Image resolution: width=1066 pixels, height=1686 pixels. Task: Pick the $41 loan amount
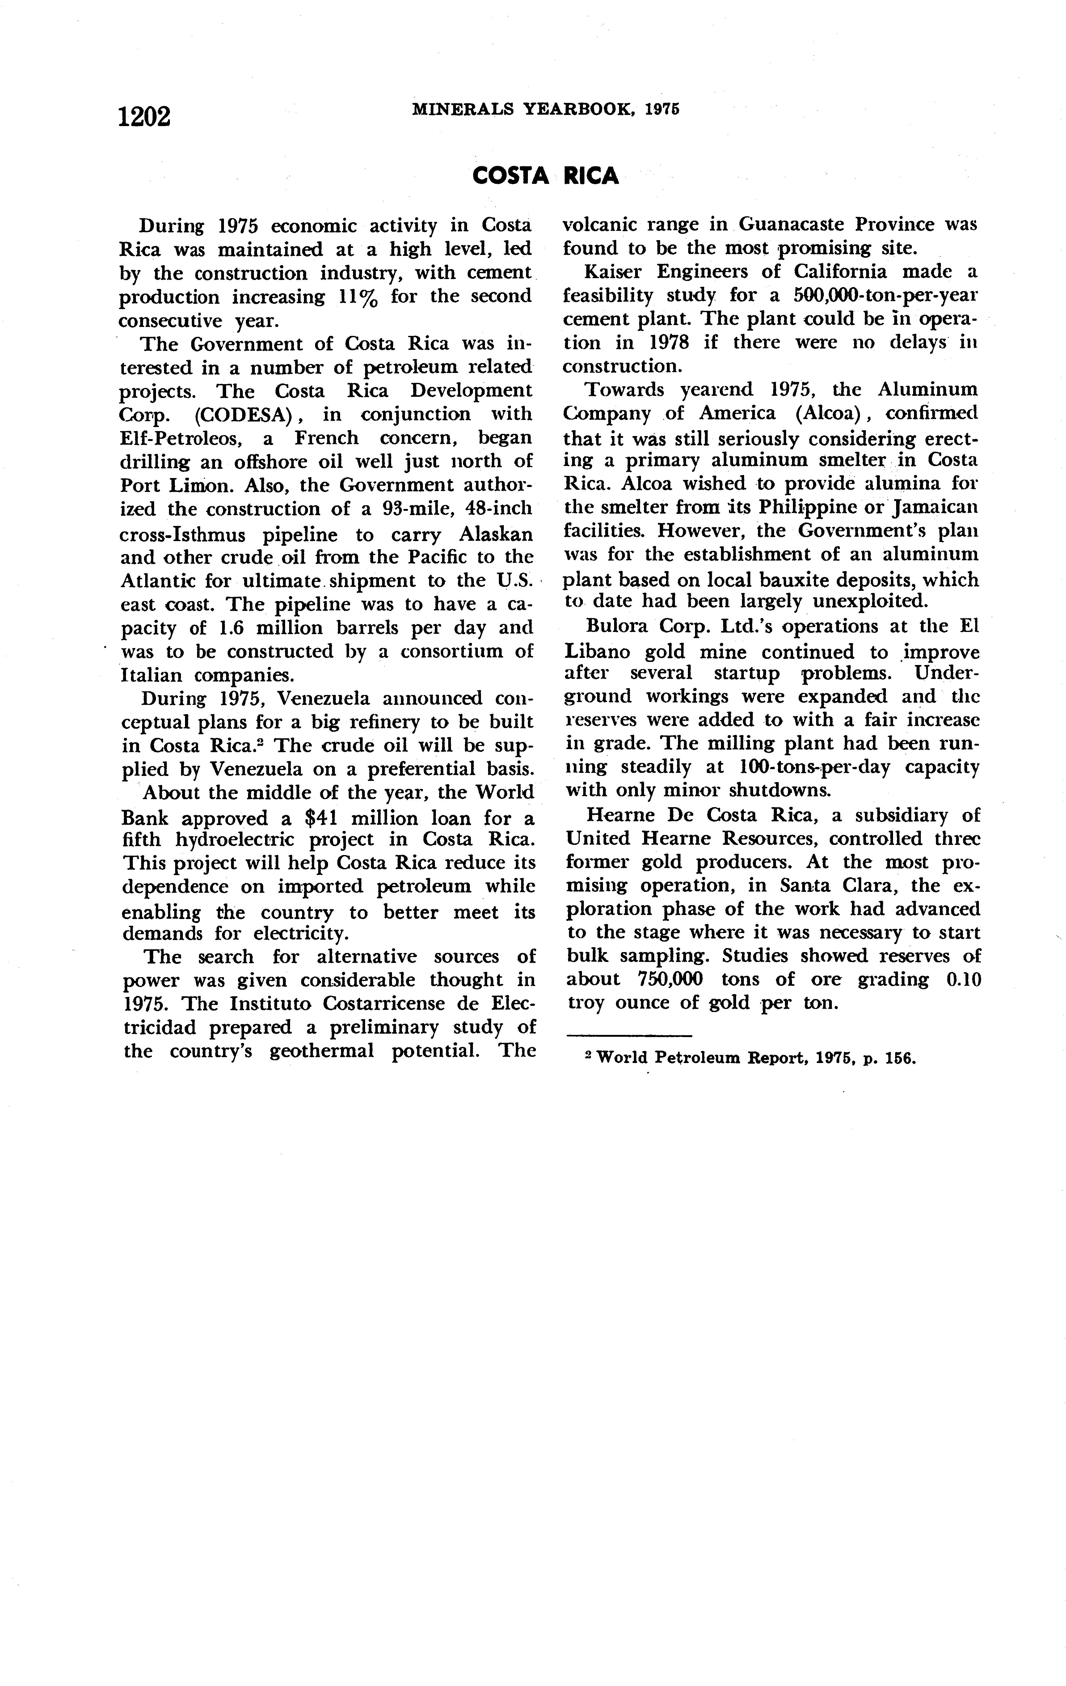[x=316, y=818]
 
